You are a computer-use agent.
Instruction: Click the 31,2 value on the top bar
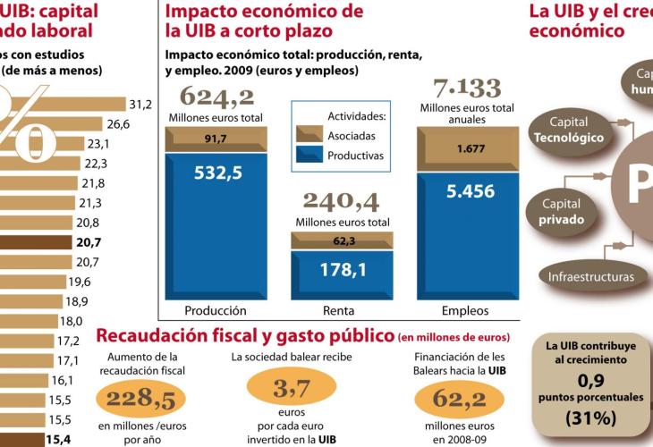(x=140, y=105)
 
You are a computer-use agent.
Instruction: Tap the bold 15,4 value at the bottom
(x=59, y=439)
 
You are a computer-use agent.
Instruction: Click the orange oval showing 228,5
(x=140, y=398)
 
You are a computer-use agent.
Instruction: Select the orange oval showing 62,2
(x=450, y=398)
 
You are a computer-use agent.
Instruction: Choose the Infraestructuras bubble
(x=591, y=276)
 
